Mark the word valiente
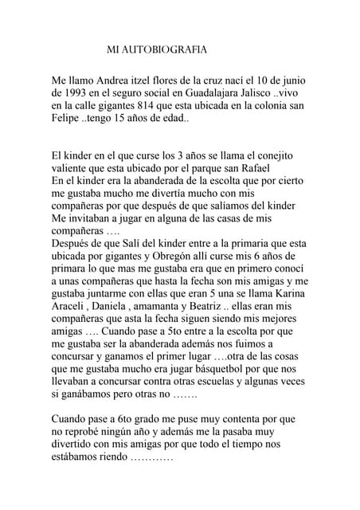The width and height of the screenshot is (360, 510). pyautogui.click(x=72, y=168)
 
